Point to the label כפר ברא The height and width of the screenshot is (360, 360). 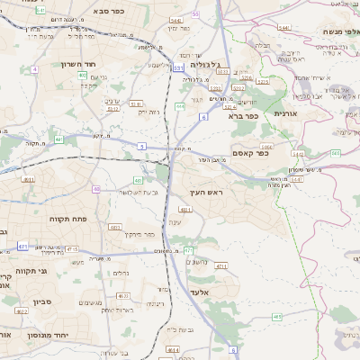(244, 115)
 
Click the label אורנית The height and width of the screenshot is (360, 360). (285, 114)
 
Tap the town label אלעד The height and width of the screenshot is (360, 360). (200, 292)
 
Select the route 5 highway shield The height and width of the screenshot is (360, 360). (141, 146)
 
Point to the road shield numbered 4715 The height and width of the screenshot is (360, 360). (221, 265)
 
